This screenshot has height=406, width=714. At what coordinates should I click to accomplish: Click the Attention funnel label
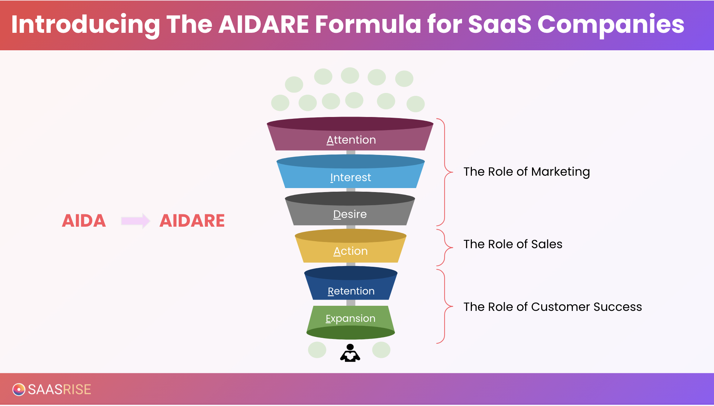(x=351, y=140)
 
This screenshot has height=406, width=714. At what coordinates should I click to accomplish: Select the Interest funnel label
(x=350, y=177)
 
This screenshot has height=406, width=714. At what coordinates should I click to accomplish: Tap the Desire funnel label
(x=350, y=214)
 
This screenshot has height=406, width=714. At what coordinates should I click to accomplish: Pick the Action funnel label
(x=350, y=251)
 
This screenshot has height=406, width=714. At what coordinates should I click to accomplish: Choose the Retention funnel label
(x=351, y=291)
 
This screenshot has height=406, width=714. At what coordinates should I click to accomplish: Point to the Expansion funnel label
(x=350, y=319)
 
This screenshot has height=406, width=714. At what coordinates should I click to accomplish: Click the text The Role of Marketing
(x=527, y=172)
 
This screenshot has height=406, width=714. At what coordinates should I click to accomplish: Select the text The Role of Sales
(x=513, y=244)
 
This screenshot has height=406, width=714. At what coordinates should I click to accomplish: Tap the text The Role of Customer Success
(x=552, y=307)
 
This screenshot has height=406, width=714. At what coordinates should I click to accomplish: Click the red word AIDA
(x=84, y=221)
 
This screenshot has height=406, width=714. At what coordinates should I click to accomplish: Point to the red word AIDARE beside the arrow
(x=192, y=221)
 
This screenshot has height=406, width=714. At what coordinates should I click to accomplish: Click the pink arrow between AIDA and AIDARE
(x=135, y=221)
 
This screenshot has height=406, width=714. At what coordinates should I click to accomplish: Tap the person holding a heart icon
(x=350, y=353)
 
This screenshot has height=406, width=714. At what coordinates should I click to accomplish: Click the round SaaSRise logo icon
(x=19, y=389)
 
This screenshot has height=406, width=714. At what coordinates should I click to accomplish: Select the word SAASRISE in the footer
(x=59, y=390)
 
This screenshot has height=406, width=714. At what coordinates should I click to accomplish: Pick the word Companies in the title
(x=611, y=24)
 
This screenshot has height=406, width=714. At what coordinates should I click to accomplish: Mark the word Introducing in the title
(x=85, y=24)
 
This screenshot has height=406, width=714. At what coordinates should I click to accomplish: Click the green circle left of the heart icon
(x=317, y=350)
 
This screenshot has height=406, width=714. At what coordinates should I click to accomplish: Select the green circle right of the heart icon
(x=381, y=350)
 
